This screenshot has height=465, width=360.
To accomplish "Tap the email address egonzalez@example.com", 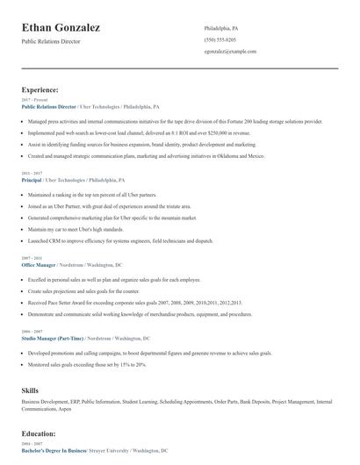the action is (229, 52).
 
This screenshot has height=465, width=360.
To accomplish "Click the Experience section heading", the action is (40, 89).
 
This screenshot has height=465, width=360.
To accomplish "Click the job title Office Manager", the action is (39, 264).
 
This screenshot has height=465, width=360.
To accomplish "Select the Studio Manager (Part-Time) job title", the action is (54, 338).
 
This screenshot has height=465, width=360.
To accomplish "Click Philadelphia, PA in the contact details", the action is (221, 29).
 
